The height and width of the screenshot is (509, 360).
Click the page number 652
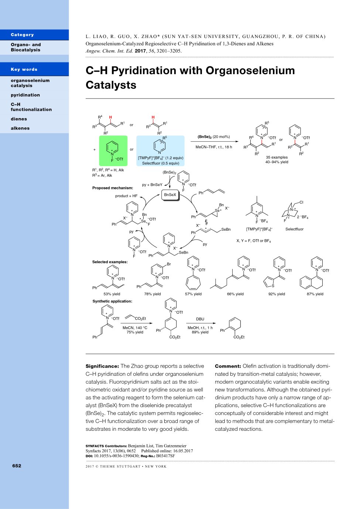pos(17,466)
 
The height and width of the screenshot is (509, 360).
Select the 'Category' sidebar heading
pos(22,35)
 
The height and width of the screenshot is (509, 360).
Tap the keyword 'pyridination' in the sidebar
pos(25,95)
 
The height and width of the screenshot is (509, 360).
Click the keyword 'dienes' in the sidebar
pos(19,119)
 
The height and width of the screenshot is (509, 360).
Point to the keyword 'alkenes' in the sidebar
pos(20,128)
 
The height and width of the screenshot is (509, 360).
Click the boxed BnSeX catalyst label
pos(170,195)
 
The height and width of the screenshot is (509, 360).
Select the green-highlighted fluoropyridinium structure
pos(113,151)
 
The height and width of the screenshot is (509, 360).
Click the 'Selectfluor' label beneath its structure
pos(294,229)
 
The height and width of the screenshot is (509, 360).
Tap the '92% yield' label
pos(277,294)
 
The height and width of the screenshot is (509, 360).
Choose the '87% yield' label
pos(315,294)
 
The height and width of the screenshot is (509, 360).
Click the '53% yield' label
pos(112,294)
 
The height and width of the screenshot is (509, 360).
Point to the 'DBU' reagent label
pos(200,319)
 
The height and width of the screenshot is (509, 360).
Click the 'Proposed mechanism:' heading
pos(113,188)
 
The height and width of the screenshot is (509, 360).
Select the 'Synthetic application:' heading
pos(112,301)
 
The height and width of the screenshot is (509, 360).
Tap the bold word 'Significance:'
pos(102,366)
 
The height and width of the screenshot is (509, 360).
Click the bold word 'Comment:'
pos(228,366)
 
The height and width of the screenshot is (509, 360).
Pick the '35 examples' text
pos(277,157)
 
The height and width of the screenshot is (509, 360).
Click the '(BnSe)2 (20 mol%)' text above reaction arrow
pos(213,137)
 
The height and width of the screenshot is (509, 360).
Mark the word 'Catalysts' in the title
pos(111,85)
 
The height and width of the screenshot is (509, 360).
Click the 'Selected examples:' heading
pos(110,262)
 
